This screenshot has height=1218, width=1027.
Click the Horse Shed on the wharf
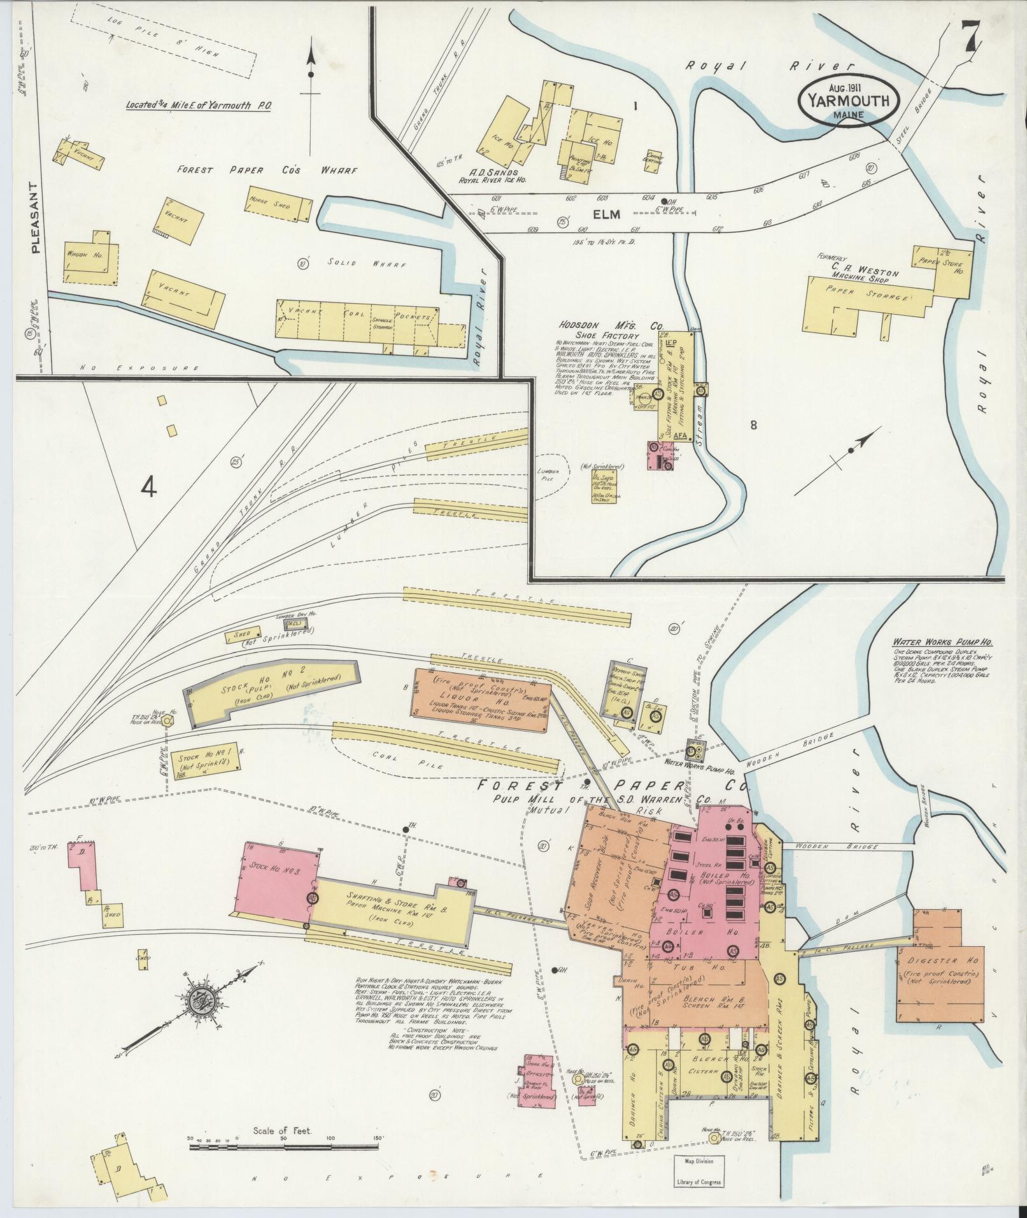pyautogui.click(x=278, y=204)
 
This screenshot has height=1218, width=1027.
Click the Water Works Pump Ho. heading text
pyautogui.click(x=938, y=642)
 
